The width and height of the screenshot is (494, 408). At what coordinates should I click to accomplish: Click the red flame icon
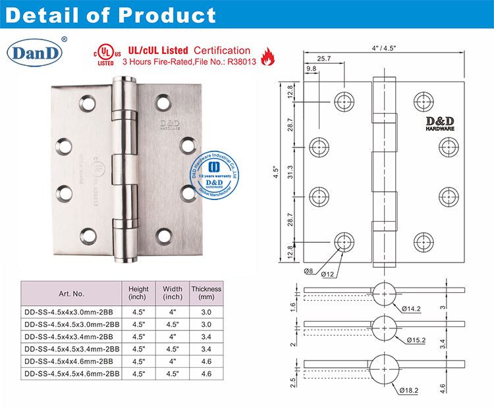tap(268, 58)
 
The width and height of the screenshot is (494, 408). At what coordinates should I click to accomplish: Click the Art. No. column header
tap(70, 293)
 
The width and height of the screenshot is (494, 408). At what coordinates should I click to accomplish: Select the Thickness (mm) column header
tap(206, 293)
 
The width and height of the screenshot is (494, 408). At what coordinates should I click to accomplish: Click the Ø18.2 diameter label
tap(410, 390)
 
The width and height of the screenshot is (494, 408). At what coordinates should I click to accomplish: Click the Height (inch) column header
tap(137, 293)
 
